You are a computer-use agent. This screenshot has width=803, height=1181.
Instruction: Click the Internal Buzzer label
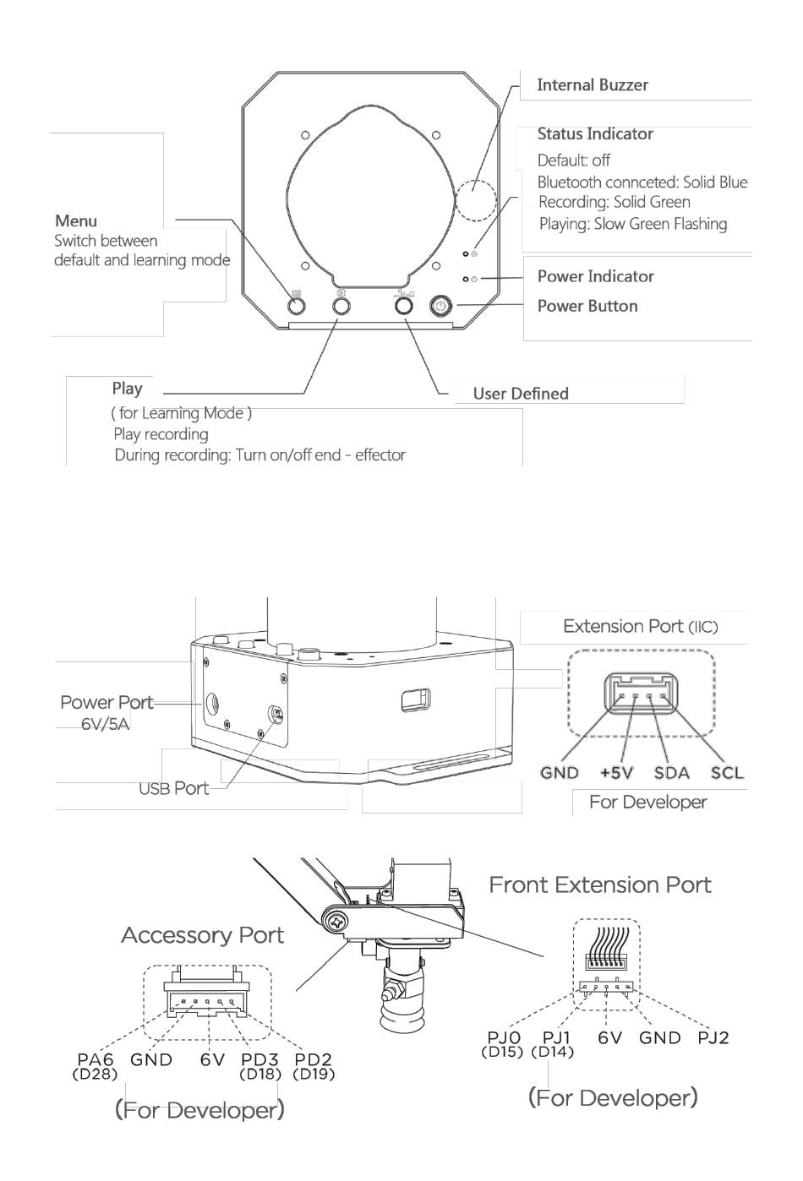[x=592, y=84]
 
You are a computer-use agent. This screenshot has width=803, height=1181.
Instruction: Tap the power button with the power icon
[x=441, y=305]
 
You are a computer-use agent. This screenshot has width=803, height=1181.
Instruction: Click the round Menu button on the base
[x=297, y=305]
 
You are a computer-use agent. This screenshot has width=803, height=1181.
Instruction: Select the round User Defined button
[x=403, y=305]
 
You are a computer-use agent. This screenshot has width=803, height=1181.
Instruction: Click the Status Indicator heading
[x=595, y=134]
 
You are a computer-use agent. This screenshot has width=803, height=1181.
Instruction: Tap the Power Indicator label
[x=596, y=276]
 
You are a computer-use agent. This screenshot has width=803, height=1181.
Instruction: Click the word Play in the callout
[x=127, y=389]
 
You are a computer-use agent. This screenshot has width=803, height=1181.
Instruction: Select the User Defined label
[x=521, y=394]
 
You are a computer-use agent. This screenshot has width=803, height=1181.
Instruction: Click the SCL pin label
[x=726, y=773]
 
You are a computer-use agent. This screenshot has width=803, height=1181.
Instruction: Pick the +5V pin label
[x=616, y=773]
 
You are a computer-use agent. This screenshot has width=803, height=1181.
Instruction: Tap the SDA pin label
[x=672, y=773]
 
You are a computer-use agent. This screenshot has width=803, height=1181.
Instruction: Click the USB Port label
[x=173, y=788]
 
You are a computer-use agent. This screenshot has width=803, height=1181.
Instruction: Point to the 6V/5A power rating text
[x=105, y=725]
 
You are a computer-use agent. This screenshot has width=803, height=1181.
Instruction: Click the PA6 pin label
[x=96, y=1059]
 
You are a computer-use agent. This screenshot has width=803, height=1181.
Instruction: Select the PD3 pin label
[x=259, y=1059]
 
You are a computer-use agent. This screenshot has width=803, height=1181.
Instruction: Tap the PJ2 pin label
[x=713, y=1037]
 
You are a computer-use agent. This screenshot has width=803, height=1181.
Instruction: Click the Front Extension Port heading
[x=600, y=884]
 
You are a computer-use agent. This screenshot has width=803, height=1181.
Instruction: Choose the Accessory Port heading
[x=203, y=935]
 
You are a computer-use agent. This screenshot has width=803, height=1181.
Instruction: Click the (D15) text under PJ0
[x=502, y=1052]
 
